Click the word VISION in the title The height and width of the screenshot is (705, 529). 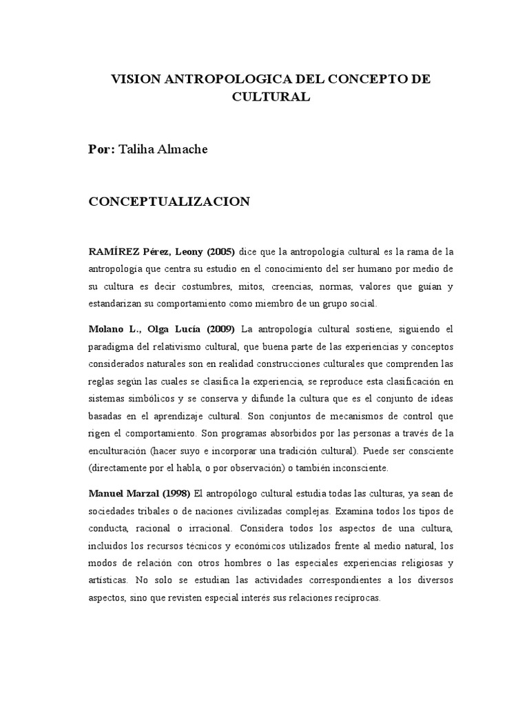[x=134, y=80]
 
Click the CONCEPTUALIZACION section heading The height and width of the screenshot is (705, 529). [x=169, y=202]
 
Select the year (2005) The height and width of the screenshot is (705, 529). [x=218, y=251]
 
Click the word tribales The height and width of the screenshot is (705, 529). [x=152, y=512]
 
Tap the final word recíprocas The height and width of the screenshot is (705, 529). [x=355, y=598]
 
